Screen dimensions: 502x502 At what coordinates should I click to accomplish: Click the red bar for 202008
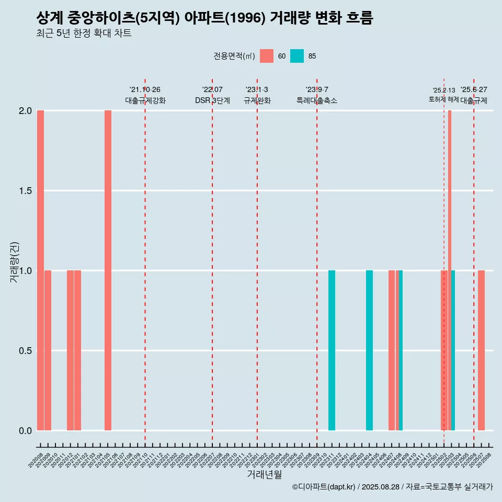point(40,270)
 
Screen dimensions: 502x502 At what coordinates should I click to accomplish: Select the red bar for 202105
point(108,270)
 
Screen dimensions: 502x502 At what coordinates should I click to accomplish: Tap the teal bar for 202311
point(332,350)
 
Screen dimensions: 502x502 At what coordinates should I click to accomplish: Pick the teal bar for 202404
point(369,350)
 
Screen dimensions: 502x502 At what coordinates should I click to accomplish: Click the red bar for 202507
point(481,350)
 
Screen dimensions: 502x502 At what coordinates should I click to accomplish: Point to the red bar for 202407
point(392,350)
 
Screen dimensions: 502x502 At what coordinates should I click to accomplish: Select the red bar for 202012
point(70,350)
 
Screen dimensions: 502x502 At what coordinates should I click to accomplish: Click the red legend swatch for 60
point(267,56)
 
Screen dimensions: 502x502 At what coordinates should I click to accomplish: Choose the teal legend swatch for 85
point(297,56)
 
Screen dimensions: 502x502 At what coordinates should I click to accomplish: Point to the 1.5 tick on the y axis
point(25,191)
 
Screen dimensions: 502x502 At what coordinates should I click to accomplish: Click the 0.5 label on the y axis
point(25,351)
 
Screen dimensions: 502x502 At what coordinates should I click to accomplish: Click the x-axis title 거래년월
point(264,475)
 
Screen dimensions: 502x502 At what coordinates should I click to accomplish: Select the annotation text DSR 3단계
point(212,101)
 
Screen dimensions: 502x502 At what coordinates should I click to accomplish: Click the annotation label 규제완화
point(257,101)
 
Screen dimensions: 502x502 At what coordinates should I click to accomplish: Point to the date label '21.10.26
point(145,90)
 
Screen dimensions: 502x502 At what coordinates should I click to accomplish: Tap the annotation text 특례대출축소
point(317,101)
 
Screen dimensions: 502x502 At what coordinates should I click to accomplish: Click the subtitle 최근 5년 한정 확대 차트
point(84,34)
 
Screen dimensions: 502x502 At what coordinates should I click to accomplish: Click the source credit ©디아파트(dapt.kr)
point(324,487)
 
